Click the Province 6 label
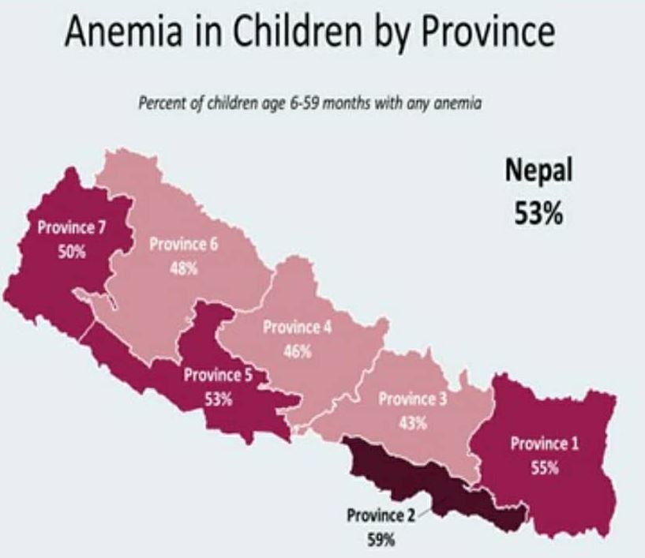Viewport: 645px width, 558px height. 182,245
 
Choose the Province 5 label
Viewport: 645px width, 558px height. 218,376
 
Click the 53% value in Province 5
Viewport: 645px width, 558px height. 218,399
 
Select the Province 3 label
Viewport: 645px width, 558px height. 412,399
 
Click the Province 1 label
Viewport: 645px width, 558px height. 545,444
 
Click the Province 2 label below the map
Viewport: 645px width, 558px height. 381,518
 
